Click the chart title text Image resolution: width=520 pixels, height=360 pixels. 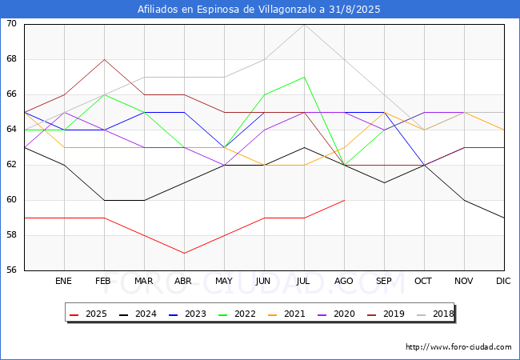259,10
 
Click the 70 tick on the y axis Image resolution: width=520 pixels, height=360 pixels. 12,24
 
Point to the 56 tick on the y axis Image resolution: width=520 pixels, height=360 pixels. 12,270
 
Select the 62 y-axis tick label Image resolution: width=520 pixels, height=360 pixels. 12,165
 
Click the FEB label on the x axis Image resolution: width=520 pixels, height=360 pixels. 104,281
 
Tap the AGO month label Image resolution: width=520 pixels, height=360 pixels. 344,281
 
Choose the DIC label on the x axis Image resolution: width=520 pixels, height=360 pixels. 503,281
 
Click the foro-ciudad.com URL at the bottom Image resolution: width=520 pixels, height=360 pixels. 458,347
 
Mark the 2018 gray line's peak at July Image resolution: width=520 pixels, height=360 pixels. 304,24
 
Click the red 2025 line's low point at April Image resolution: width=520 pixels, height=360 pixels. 184,253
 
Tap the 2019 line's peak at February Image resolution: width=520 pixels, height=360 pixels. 104,59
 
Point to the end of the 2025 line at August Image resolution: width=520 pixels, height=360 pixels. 344,200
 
